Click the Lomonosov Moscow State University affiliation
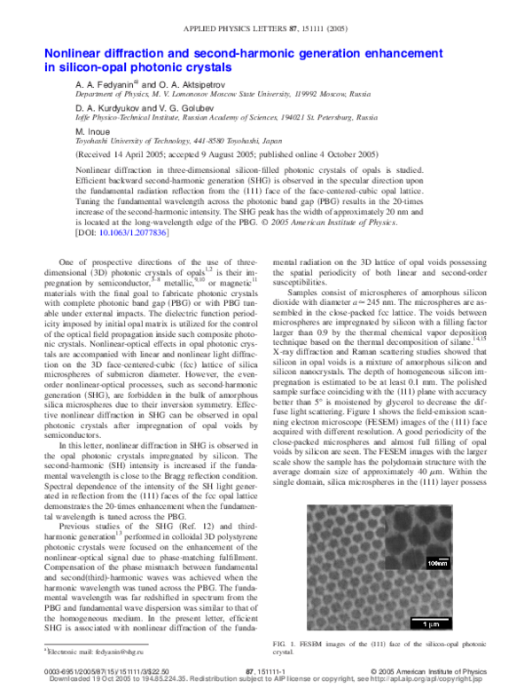223,93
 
